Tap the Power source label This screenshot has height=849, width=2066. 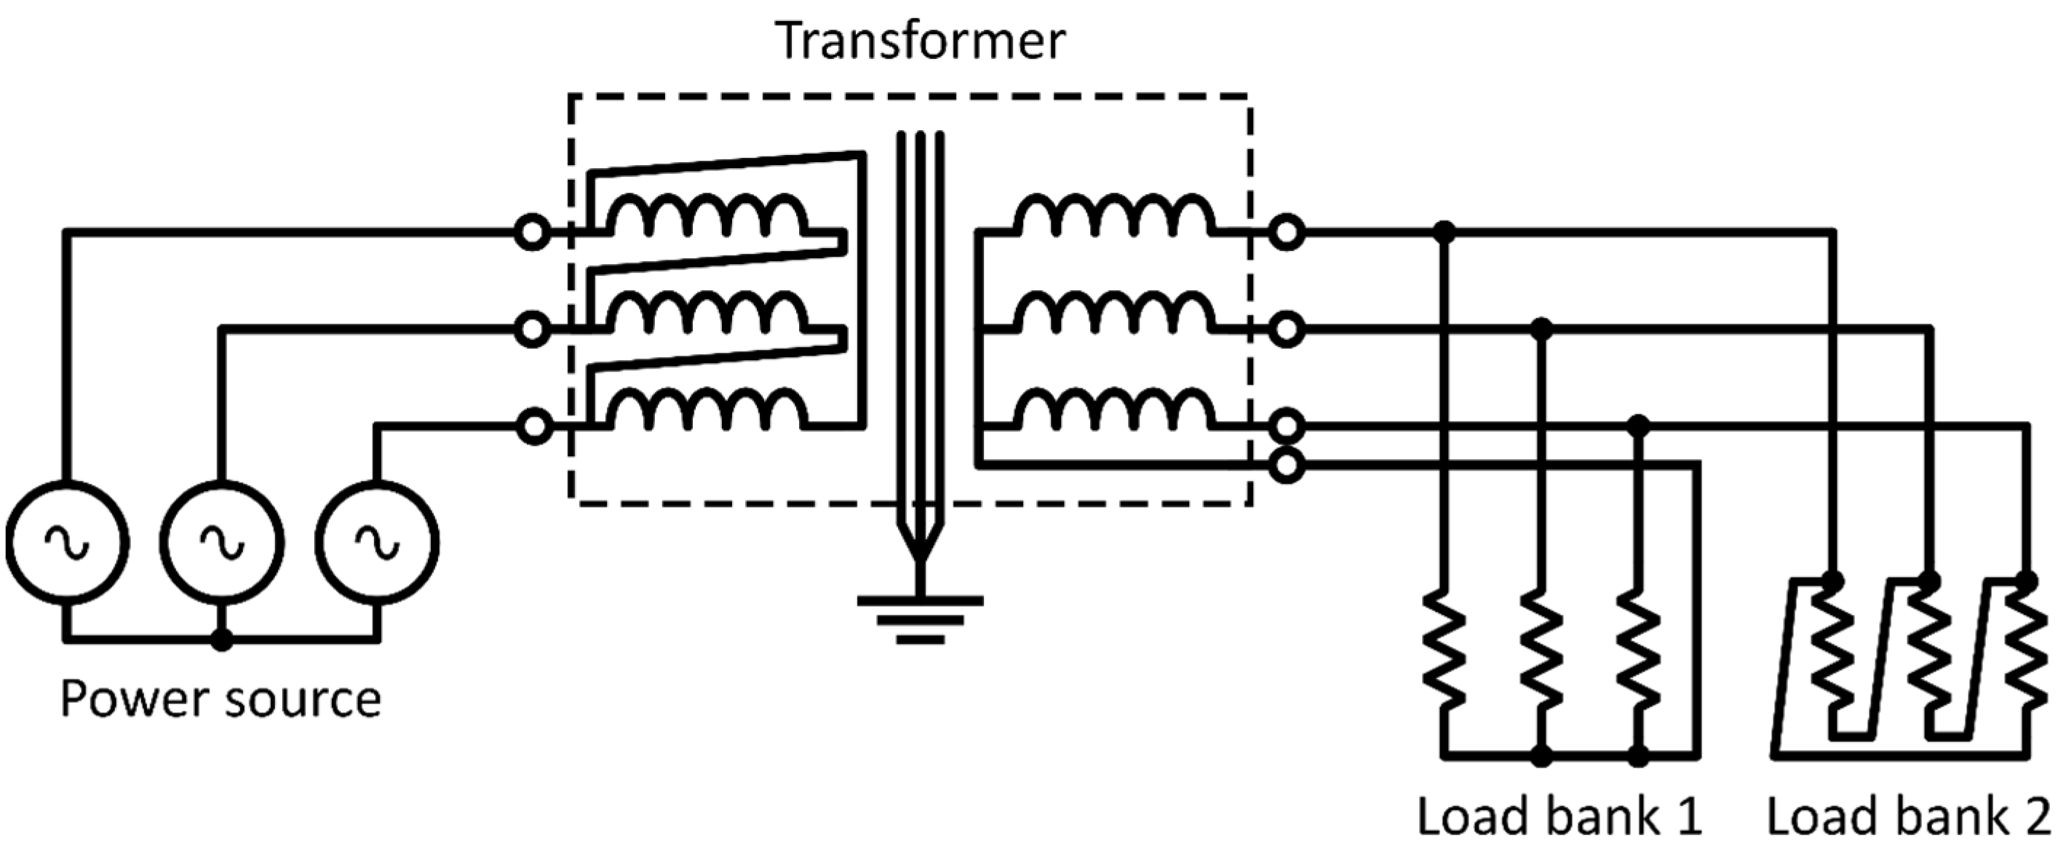(220, 699)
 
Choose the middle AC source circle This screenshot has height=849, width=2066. (222, 543)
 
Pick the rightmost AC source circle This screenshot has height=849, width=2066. (378, 543)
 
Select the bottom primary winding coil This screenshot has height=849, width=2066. (706, 410)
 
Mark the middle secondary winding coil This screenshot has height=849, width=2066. (1115, 312)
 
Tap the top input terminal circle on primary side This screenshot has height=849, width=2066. (533, 234)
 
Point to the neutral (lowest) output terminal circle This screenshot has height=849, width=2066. (1286, 464)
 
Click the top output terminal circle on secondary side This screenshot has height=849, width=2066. (1286, 234)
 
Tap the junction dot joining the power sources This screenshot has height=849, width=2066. (222, 640)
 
